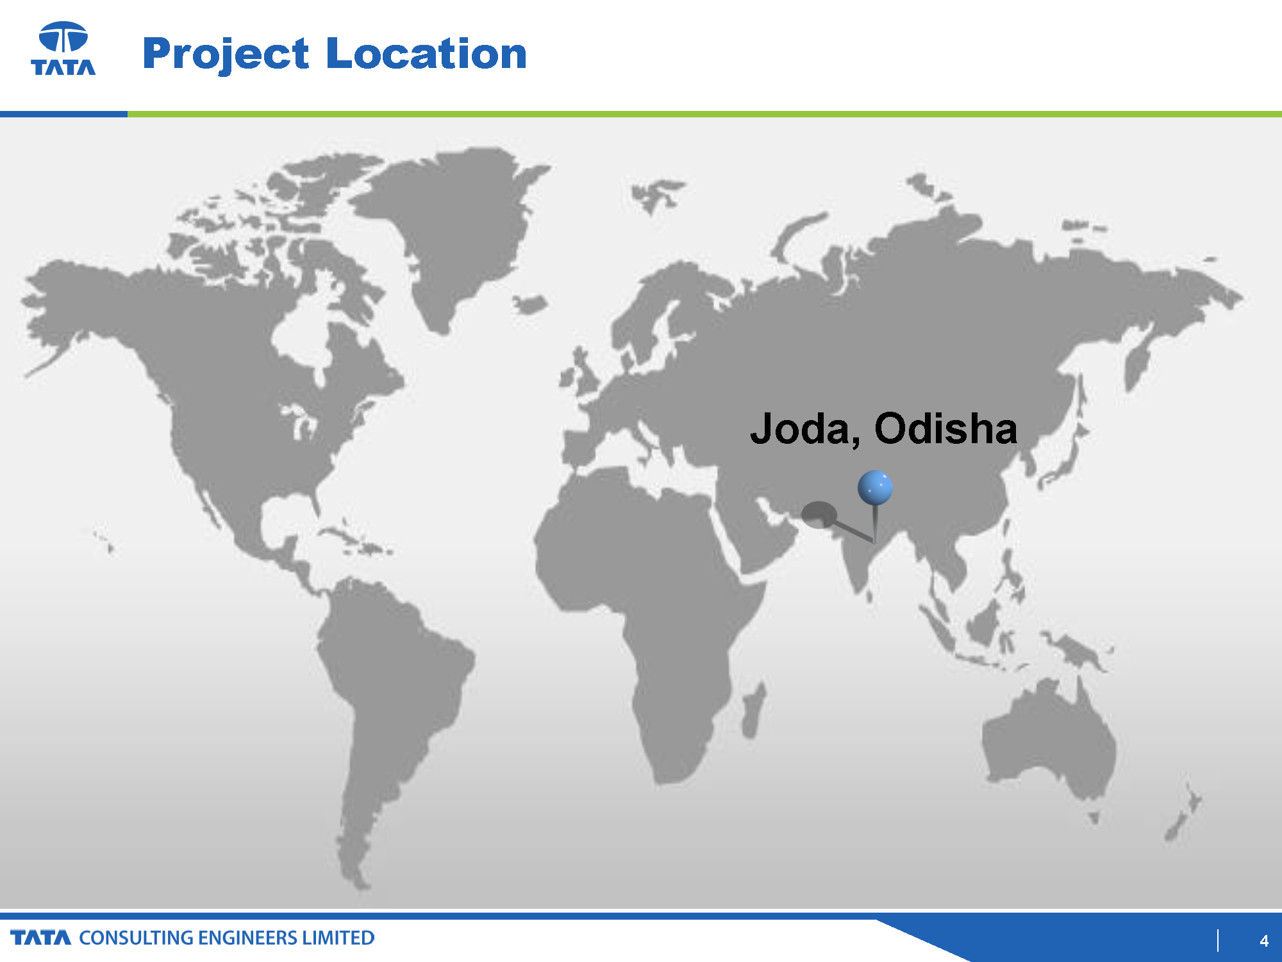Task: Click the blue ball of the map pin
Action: pos(875,487)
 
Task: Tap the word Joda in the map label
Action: pos(805,428)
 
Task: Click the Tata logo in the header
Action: pos(63,48)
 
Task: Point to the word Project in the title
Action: pos(226,54)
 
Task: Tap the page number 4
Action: pos(1264,941)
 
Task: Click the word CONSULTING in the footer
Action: pos(136,938)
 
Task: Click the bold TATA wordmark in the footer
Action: pos(41,938)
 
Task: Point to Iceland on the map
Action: pos(529,304)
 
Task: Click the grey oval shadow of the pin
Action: pos(819,515)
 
